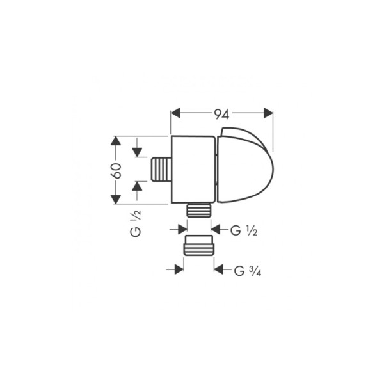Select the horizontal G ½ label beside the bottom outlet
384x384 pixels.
[243, 229]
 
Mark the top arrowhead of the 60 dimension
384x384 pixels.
[115, 142]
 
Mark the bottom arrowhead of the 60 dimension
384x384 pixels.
[115, 198]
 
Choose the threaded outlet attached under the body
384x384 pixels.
[198, 210]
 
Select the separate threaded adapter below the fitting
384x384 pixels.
[198, 246]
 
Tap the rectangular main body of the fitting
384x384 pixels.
[193, 170]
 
